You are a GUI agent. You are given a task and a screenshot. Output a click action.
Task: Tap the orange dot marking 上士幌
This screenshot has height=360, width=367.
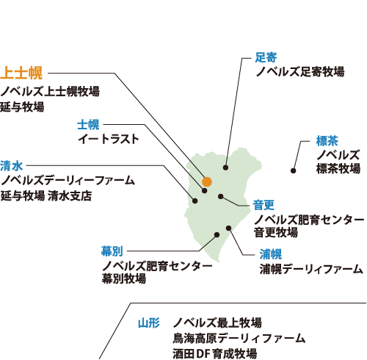[207, 181]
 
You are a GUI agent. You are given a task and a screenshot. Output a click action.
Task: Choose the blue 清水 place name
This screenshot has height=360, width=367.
[11, 165]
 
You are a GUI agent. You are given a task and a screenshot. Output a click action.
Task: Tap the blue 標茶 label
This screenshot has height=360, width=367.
[327, 140]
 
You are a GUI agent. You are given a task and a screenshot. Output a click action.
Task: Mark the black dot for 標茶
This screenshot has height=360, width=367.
[293, 170]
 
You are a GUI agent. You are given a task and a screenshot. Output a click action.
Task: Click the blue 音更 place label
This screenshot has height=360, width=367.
[264, 204]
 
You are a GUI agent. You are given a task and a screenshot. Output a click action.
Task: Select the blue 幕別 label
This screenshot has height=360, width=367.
[112, 251]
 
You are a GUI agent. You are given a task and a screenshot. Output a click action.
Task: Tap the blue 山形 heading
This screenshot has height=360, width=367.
[148, 323]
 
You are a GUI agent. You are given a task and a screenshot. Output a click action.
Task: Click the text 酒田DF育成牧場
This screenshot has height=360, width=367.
[214, 353]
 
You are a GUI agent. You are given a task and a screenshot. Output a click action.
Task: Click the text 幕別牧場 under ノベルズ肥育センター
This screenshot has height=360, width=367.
[123, 278]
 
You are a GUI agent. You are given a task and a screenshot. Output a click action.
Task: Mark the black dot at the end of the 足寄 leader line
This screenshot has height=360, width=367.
[225, 168]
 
